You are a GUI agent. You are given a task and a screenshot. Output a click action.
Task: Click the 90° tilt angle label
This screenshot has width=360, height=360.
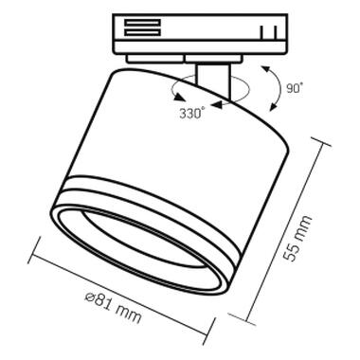pos(295,88)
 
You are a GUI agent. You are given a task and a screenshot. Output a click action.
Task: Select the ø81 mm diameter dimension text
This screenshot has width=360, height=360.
pos(113,306)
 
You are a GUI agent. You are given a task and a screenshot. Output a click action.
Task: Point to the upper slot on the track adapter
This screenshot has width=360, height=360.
pos(142,23)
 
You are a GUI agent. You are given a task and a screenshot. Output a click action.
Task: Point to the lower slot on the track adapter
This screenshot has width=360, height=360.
pos(142,32)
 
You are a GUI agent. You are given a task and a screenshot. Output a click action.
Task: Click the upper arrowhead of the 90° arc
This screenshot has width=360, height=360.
pos(265,70)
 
